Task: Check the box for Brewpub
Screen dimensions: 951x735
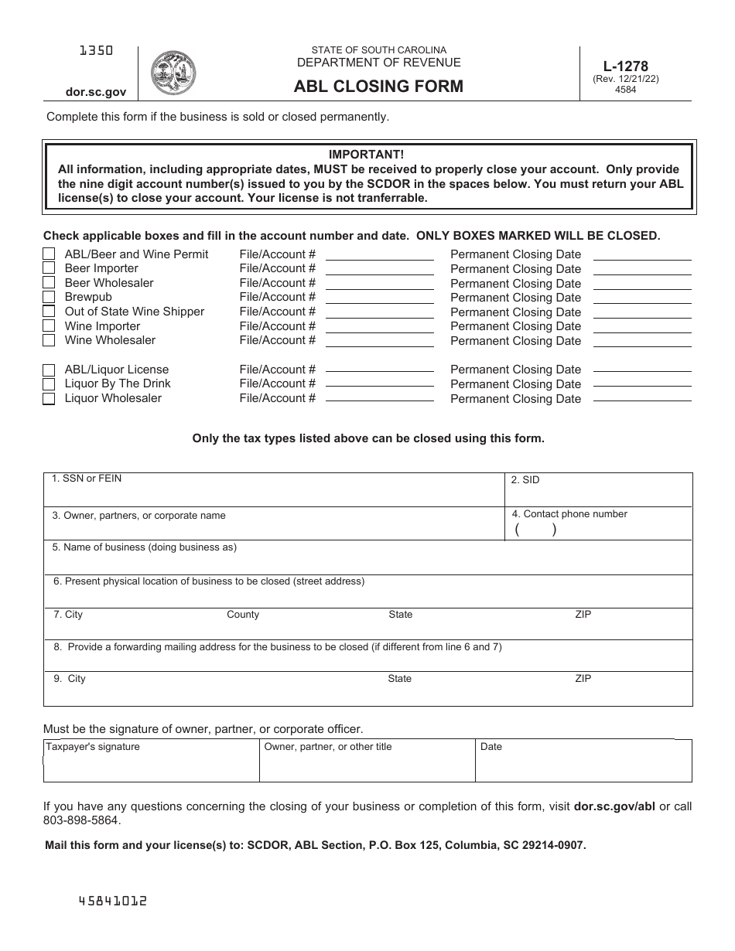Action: coord(49,297)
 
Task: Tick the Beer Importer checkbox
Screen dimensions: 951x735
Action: coord(49,268)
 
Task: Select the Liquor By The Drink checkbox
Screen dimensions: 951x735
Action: coord(49,384)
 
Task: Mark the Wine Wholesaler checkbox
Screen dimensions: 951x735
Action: coord(49,340)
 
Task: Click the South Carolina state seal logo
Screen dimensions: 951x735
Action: coord(173,73)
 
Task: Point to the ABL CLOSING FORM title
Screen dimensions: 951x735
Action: coord(378,87)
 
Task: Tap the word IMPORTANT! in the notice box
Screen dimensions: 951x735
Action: coord(366,155)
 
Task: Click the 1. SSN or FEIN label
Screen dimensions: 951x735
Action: coord(87,479)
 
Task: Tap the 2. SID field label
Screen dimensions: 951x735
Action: coord(525,480)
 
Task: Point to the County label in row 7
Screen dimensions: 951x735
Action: coord(243,615)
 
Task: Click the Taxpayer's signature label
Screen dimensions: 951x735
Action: coord(93,747)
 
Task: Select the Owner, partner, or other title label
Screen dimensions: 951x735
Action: coord(328,747)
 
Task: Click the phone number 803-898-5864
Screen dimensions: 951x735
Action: coord(82,820)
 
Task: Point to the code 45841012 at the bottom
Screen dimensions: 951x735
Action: coord(113,901)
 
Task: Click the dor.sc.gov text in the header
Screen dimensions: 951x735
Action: coord(96,92)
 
